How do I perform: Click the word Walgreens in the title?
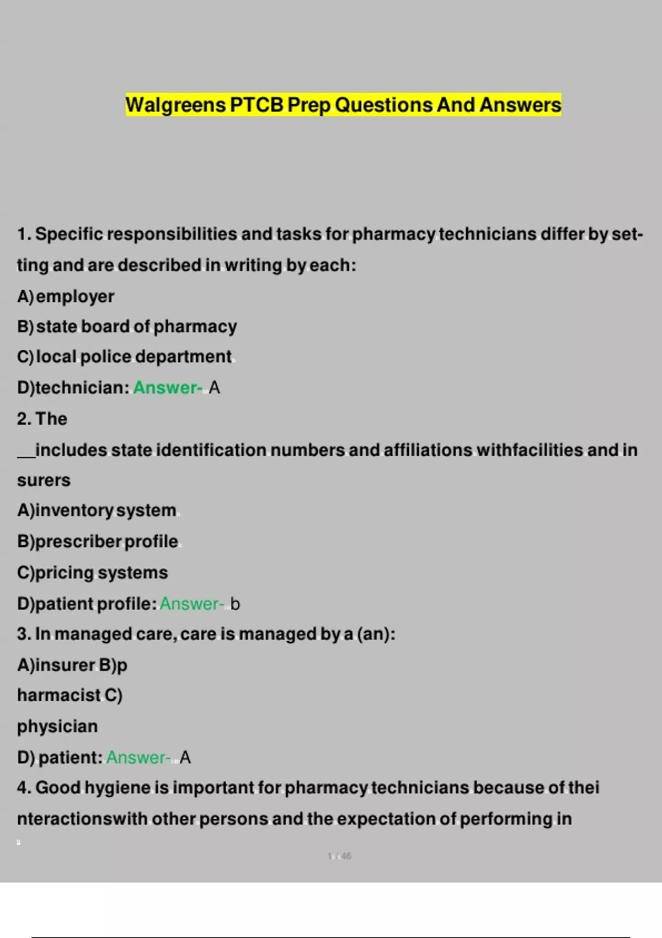point(175,105)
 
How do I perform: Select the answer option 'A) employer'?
point(66,296)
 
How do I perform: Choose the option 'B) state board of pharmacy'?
point(127,327)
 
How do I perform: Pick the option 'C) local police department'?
point(124,357)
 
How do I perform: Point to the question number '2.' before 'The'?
point(24,419)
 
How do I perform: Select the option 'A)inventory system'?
point(97,510)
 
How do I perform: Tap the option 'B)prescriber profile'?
point(98,541)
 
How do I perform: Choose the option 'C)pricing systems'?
point(92,573)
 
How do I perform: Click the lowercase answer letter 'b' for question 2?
point(235,604)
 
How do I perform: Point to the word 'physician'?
point(57,727)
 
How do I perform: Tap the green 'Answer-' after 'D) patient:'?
point(138,758)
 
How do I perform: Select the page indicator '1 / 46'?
point(339,856)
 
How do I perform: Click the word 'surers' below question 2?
point(44,481)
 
